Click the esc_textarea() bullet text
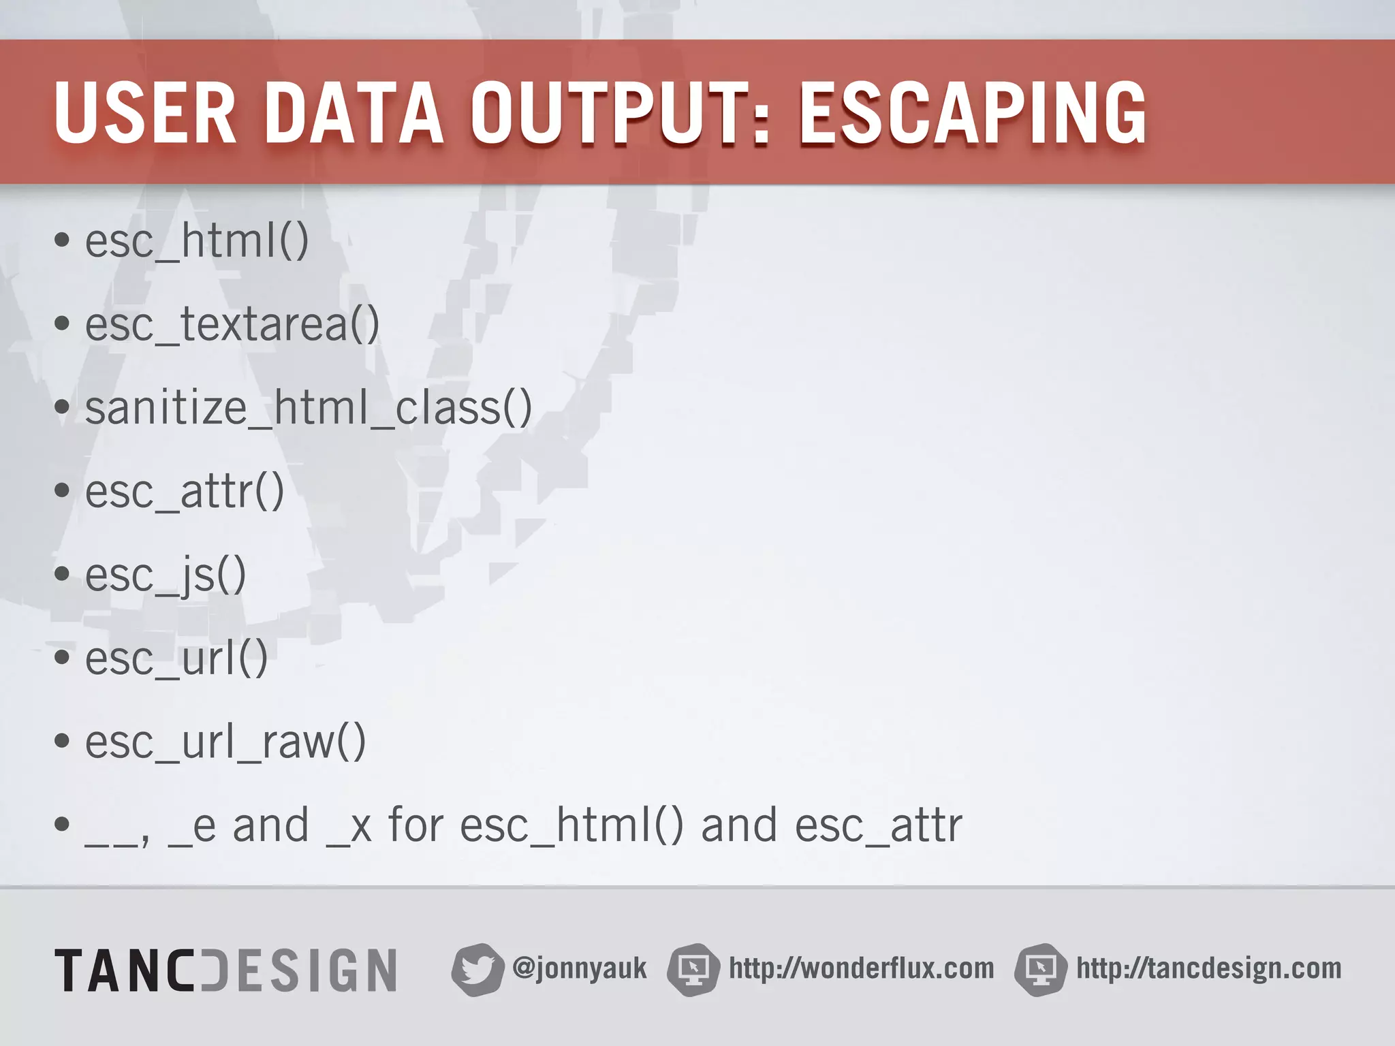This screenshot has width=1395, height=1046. click(x=232, y=325)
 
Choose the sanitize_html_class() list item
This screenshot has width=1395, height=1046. click(x=308, y=409)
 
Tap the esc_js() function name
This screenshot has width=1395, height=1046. click(x=166, y=575)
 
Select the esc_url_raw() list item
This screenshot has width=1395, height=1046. click(x=225, y=742)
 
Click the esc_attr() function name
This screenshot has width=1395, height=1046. click(x=184, y=492)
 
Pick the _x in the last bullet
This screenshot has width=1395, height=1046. click(x=349, y=826)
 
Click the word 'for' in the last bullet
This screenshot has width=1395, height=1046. click(x=416, y=825)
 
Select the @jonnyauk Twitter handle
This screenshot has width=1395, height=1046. click(x=579, y=968)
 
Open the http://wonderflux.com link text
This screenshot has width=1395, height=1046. click(x=861, y=968)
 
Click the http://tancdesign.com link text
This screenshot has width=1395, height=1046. click(x=1208, y=968)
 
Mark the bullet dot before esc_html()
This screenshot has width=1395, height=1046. click(x=62, y=240)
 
